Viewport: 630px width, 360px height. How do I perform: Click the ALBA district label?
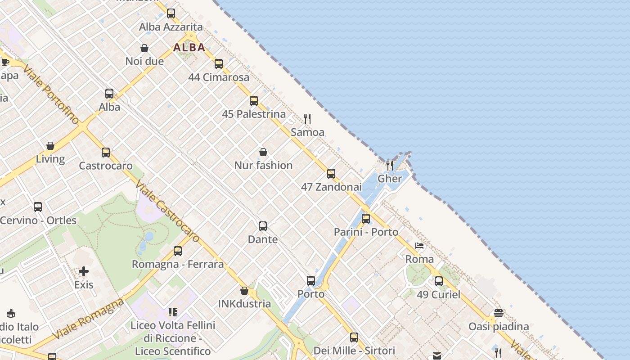tap(189, 47)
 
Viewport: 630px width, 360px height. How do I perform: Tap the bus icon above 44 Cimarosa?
tap(219, 64)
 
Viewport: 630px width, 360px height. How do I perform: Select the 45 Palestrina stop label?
tap(254, 114)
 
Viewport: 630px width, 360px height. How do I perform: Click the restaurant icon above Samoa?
tap(307, 119)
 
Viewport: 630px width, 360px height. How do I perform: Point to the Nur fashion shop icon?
tap(263, 152)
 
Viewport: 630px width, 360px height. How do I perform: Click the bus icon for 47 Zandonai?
tap(331, 174)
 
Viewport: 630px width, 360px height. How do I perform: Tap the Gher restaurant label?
tap(390, 179)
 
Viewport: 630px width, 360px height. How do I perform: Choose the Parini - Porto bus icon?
tap(366, 219)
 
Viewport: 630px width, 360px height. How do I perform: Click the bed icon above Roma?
tap(419, 246)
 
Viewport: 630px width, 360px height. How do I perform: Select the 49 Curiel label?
tap(438, 295)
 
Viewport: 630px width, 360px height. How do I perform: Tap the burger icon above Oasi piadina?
tap(498, 313)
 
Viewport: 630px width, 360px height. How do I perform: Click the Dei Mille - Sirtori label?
tap(354, 351)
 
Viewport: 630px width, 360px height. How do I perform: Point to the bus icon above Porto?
tap(311, 281)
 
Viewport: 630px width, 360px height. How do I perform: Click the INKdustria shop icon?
tap(244, 291)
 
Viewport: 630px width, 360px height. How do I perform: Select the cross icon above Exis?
tap(84, 271)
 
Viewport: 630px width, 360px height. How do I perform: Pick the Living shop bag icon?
tap(50, 146)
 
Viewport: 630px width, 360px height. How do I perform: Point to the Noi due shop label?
tap(144, 61)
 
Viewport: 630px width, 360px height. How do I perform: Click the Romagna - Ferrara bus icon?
tap(178, 251)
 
